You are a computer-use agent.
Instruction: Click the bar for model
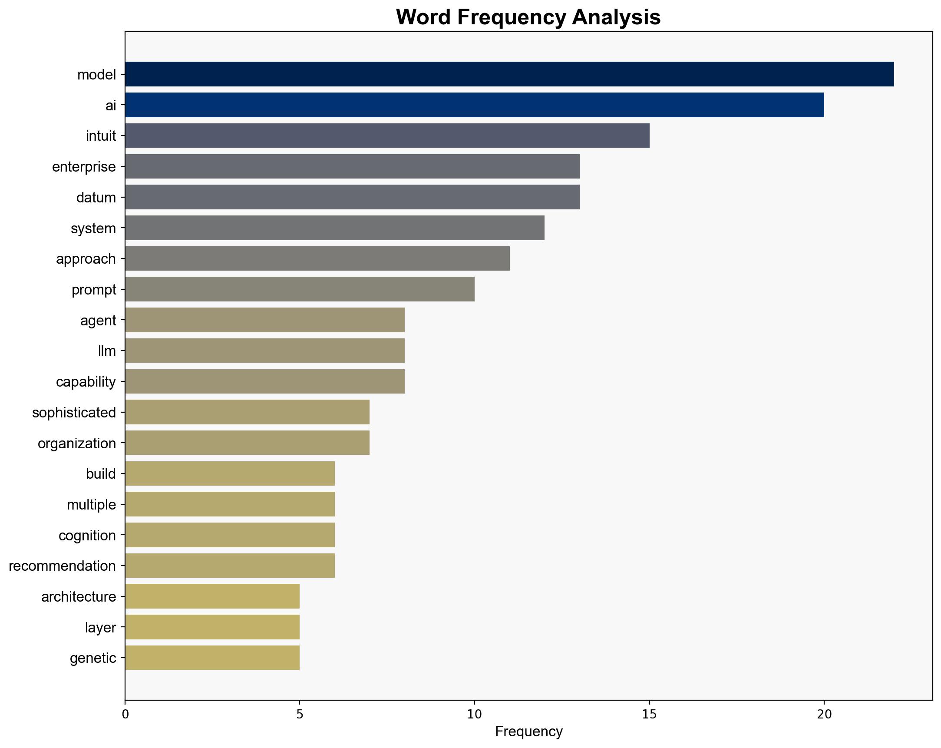tap(509, 74)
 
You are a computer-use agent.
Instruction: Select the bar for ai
tap(475, 105)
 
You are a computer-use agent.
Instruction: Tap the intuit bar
tap(387, 136)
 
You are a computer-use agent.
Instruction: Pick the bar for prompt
tap(300, 289)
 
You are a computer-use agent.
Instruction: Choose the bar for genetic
tap(212, 658)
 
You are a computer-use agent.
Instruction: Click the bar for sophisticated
tap(247, 412)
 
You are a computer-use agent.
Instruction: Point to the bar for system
tap(335, 228)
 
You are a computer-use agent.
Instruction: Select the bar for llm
tap(264, 351)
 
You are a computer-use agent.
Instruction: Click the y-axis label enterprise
tap(84, 167)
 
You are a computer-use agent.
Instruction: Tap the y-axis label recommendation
tap(63, 566)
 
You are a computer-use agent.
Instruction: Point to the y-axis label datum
tap(96, 197)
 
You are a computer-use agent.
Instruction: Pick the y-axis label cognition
tap(87, 535)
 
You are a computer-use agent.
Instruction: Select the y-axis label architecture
tap(79, 596)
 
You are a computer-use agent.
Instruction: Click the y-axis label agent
tap(98, 321)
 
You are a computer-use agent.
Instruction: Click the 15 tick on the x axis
tap(650, 714)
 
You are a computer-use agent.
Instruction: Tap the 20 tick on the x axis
tap(824, 714)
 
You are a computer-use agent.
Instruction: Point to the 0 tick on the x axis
tap(125, 714)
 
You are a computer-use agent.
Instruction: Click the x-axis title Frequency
tap(528, 732)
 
